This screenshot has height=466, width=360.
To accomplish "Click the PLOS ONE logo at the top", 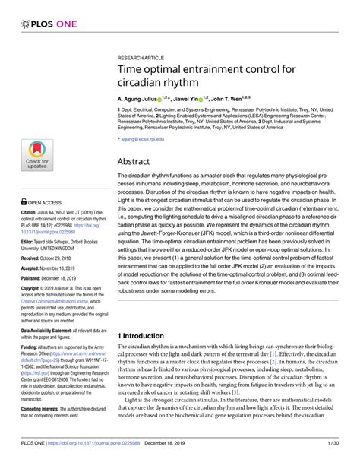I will click(43, 13).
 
